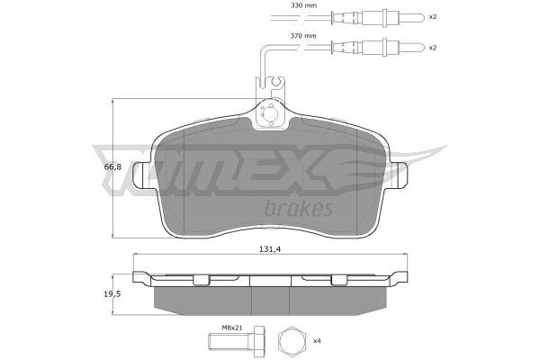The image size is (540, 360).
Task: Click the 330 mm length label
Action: point(303,5)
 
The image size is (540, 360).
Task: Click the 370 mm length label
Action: point(303,35)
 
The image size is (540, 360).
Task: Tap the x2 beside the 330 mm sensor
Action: point(433,16)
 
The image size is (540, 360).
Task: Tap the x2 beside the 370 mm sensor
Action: point(433,48)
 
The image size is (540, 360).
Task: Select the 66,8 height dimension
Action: point(112,167)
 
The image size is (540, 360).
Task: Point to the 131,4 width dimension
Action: point(270,249)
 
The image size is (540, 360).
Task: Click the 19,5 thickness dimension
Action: point(112,294)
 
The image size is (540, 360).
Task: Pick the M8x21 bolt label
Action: point(232,328)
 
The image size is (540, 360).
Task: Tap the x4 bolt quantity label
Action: point(317,341)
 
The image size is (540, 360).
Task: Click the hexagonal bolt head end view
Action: point(292,341)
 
